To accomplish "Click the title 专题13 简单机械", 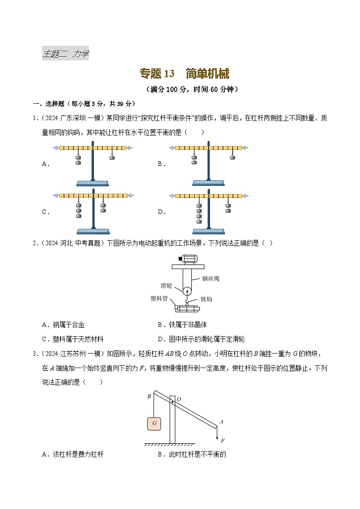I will coord(185,74).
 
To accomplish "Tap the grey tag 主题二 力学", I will coord(65,54).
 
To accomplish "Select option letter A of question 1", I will coord(45,164).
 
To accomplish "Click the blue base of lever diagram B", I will coord(209,183).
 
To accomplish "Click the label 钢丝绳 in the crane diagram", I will coord(210,279).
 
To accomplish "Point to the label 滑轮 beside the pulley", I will coord(166,286).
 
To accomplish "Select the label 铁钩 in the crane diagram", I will coord(206,299).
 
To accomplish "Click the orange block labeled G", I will coord(154,423).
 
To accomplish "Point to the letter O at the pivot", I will coord(179,399).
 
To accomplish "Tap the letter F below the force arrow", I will coord(223,440).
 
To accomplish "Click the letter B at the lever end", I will coord(149,396).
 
